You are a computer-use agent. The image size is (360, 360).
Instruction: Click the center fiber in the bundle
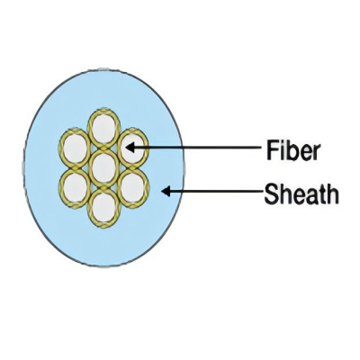point(103,167)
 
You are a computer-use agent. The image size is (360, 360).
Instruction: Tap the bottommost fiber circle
point(103,208)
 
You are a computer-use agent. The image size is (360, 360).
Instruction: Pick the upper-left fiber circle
point(75,148)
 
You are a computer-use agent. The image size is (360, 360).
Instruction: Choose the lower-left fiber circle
point(75,187)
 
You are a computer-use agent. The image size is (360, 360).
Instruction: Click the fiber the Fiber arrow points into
point(133,148)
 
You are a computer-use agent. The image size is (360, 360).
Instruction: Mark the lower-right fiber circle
point(133,187)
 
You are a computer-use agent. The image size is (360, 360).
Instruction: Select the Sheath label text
point(301,194)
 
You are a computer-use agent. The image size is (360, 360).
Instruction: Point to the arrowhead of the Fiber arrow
point(130,148)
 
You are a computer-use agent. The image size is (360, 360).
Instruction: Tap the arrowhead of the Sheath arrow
point(166,191)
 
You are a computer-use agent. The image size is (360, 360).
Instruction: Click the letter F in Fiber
point(272,151)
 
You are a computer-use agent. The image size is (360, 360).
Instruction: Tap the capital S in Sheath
point(271,194)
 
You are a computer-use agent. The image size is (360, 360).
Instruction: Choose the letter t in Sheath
point(322,195)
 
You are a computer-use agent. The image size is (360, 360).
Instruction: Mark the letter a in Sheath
point(311,198)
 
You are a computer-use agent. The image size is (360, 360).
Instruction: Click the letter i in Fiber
point(283,151)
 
